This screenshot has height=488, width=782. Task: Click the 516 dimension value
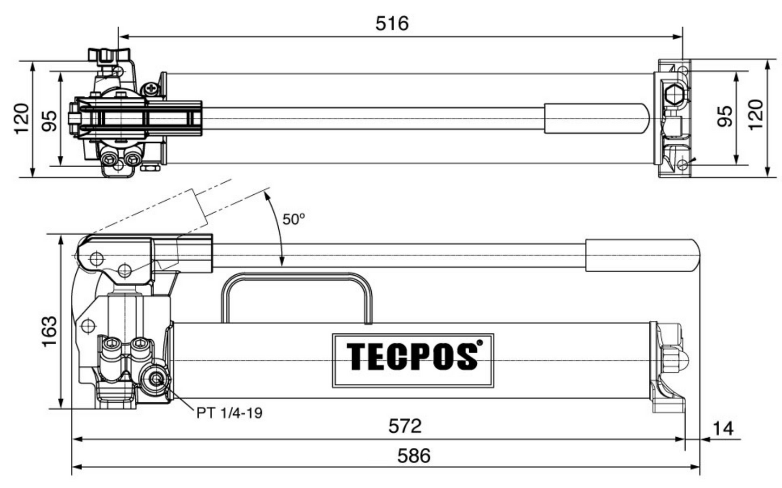tap(392, 23)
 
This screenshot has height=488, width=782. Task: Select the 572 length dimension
tap(404, 426)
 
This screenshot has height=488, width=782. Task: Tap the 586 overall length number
tap(413, 456)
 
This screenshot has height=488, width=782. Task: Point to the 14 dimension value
tap(722, 428)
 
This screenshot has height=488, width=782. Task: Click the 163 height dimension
tap(49, 331)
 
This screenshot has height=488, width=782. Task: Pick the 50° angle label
tap(294, 219)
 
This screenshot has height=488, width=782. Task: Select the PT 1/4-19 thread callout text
tap(229, 413)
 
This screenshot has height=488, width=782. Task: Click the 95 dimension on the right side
tap(724, 116)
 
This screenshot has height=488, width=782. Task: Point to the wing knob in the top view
tap(109, 54)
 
